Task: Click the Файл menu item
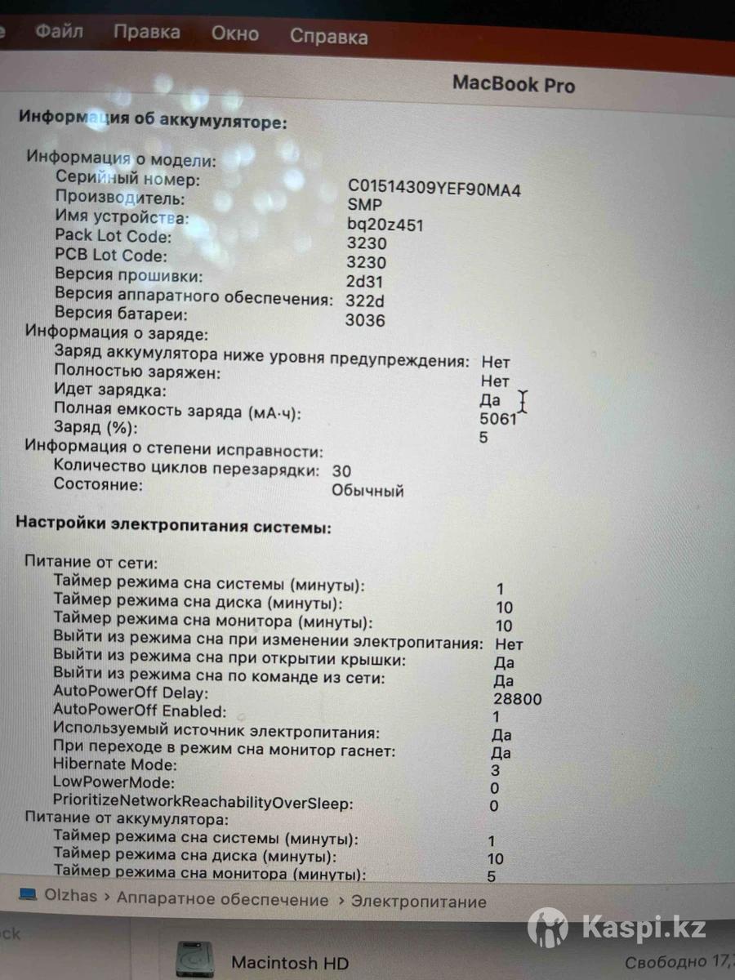click(x=59, y=33)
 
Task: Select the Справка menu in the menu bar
click(x=328, y=37)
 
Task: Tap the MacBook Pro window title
click(x=514, y=84)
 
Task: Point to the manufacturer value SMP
click(x=364, y=206)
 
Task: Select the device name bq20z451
click(x=385, y=225)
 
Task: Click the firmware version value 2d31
click(x=365, y=282)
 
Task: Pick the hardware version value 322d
click(x=365, y=301)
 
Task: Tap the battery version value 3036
click(x=365, y=320)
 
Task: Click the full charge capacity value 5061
click(x=498, y=420)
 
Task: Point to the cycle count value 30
click(x=342, y=471)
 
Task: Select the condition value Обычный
click(x=367, y=491)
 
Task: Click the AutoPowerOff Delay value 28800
click(x=518, y=699)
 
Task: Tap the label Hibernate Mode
click(x=115, y=765)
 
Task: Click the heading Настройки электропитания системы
click(x=174, y=528)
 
